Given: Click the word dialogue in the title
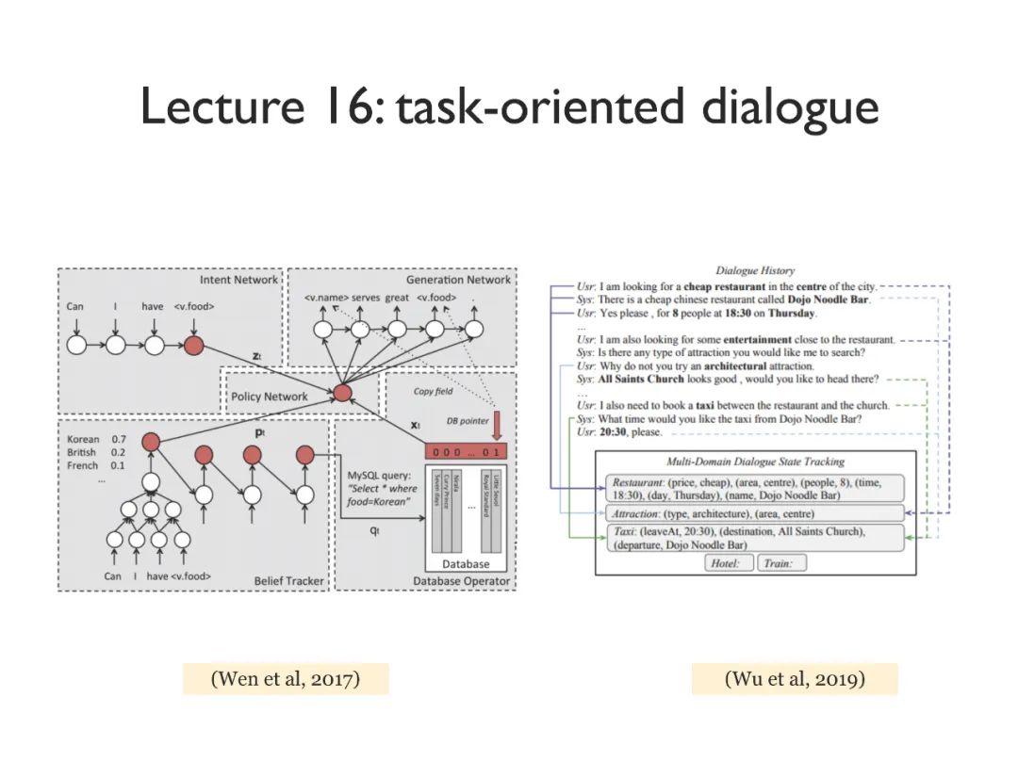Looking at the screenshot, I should click(x=790, y=107).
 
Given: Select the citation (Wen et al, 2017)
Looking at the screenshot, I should click(x=286, y=678).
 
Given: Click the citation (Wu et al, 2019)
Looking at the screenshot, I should click(x=795, y=678).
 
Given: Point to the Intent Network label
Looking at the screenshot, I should click(x=238, y=280).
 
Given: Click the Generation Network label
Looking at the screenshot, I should click(x=458, y=280).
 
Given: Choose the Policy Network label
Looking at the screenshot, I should click(x=270, y=397).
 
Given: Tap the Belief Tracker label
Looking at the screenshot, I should click(x=288, y=581).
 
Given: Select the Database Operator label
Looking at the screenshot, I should click(x=461, y=581).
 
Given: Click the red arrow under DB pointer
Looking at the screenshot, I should click(x=498, y=426).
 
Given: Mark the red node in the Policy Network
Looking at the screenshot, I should click(x=343, y=392).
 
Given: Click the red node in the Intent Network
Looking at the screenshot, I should click(x=193, y=346).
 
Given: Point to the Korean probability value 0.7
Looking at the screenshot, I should click(x=119, y=440).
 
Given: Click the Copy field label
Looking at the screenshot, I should click(x=434, y=392).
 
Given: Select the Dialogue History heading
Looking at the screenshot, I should click(x=755, y=271).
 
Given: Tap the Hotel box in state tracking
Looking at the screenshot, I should click(x=729, y=563).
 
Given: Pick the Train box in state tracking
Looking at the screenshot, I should click(x=781, y=563).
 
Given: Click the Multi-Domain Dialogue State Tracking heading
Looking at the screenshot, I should click(x=755, y=462).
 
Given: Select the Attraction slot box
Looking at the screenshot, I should click(x=754, y=513).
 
